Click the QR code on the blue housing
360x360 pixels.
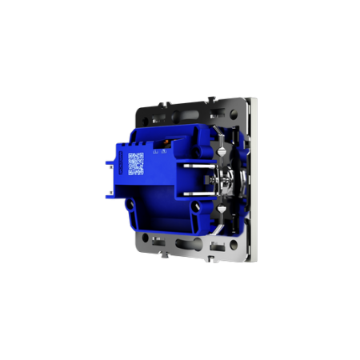pos(136,163)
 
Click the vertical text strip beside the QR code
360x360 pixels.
pos(123,163)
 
